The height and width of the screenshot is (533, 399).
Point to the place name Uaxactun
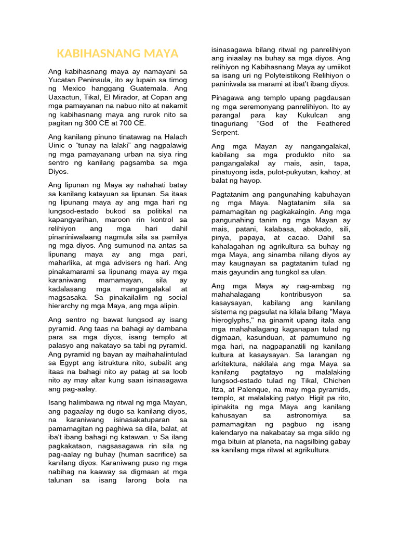[64, 97]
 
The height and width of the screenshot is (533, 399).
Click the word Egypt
[69, 363]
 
